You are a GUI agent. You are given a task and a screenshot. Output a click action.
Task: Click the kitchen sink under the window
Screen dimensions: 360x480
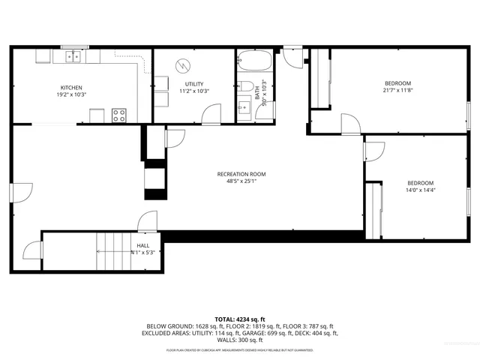click(x=73, y=56)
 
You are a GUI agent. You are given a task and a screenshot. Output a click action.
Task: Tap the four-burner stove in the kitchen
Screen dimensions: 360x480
click(x=118, y=115)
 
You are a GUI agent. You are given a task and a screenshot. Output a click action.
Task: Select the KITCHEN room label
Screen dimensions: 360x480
click(x=71, y=87)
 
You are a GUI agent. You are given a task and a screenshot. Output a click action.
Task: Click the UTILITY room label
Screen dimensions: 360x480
click(x=193, y=84)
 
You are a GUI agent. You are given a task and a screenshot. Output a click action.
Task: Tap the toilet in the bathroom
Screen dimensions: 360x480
click(x=245, y=85)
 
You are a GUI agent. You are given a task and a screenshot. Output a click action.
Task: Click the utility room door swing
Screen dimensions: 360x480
click(x=213, y=114)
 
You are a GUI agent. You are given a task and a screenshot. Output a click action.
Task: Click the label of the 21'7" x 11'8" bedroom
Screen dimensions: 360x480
click(x=397, y=83)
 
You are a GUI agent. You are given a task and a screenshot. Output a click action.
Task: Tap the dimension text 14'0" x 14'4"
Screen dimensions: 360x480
click(x=420, y=190)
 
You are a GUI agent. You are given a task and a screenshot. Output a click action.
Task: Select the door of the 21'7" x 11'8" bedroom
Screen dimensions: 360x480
click(x=349, y=124)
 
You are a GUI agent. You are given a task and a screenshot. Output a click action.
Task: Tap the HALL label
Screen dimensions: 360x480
click(x=142, y=244)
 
